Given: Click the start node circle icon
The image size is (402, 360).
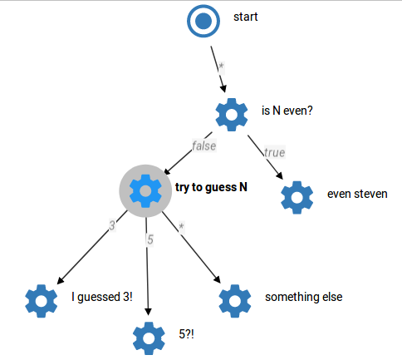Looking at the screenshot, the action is (x=203, y=21).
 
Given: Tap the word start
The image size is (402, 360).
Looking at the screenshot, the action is (x=246, y=17).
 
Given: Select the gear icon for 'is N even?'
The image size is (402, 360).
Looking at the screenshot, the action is (x=232, y=115).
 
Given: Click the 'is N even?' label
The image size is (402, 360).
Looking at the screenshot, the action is (x=287, y=111).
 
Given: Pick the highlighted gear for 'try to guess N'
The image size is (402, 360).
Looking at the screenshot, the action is (x=145, y=191).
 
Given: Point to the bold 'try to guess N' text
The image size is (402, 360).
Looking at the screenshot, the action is (x=211, y=188).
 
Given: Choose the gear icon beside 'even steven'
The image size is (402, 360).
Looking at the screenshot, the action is (x=297, y=198).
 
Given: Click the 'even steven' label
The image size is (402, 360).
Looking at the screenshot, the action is (x=357, y=194).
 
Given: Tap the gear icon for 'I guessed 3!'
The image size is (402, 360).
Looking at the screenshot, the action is (x=42, y=301).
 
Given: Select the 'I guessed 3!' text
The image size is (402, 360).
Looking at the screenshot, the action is (x=102, y=297).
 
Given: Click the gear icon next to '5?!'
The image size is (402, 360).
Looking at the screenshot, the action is (x=149, y=338).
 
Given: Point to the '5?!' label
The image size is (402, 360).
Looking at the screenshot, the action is (x=186, y=334).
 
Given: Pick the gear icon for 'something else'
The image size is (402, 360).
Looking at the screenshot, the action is (x=235, y=301).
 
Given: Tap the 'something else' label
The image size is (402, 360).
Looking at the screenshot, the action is (x=304, y=297).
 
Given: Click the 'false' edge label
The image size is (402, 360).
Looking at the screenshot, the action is (x=204, y=146).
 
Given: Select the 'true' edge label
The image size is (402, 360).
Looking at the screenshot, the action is (x=274, y=152).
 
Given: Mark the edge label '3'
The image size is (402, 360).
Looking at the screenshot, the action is (x=112, y=225).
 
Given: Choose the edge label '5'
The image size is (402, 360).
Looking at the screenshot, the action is (x=150, y=239).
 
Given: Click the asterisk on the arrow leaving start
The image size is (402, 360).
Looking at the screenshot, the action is (x=221, y=67).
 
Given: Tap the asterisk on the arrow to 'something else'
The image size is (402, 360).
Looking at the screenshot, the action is (x=181, y=227).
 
